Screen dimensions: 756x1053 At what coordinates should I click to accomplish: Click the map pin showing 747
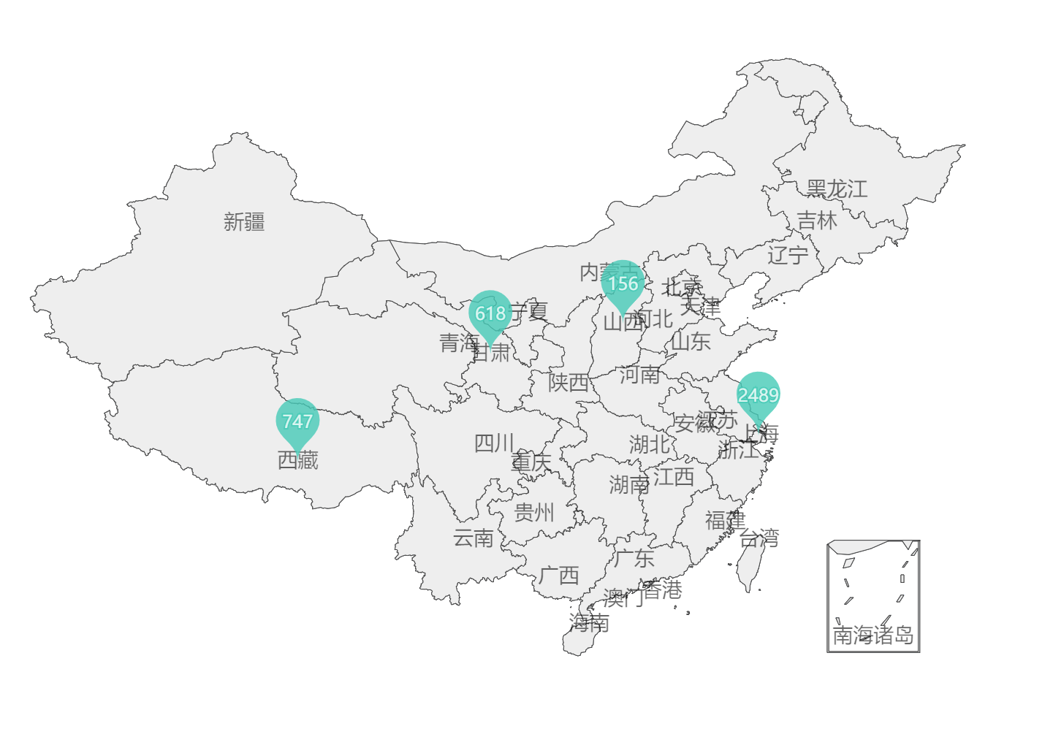click(297, 421)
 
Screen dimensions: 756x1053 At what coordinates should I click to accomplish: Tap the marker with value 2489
click(758, 395)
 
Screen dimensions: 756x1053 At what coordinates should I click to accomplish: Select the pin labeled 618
click(490, 313)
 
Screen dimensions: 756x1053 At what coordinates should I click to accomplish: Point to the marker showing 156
click(623, 283)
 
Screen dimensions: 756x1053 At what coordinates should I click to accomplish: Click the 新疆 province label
click(244, 221)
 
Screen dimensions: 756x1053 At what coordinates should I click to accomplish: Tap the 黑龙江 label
click(837, 189)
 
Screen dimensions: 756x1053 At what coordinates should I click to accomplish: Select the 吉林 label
click(817, 220)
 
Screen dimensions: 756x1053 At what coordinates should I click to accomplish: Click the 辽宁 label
click(788, 255)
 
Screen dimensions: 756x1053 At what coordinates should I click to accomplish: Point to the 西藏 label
click(297, 460)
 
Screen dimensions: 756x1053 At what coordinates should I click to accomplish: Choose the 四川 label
click(495, 443)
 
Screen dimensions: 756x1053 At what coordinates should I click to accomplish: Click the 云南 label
click(474, 538)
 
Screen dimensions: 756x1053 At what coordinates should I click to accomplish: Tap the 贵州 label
click(534, 512)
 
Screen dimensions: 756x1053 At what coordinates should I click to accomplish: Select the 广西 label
click(559, 575)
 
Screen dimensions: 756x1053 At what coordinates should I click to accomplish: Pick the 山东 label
click(691, 341)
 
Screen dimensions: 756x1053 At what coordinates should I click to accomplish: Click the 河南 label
click(639, 375)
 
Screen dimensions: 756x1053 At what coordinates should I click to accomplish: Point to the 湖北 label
click(649, 443)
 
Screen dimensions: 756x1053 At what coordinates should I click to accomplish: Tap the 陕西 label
click(569, 382)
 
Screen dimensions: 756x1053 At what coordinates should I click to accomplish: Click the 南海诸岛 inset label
click(873, 635)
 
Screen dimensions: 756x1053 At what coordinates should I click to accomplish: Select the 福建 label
click(725, 520)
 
